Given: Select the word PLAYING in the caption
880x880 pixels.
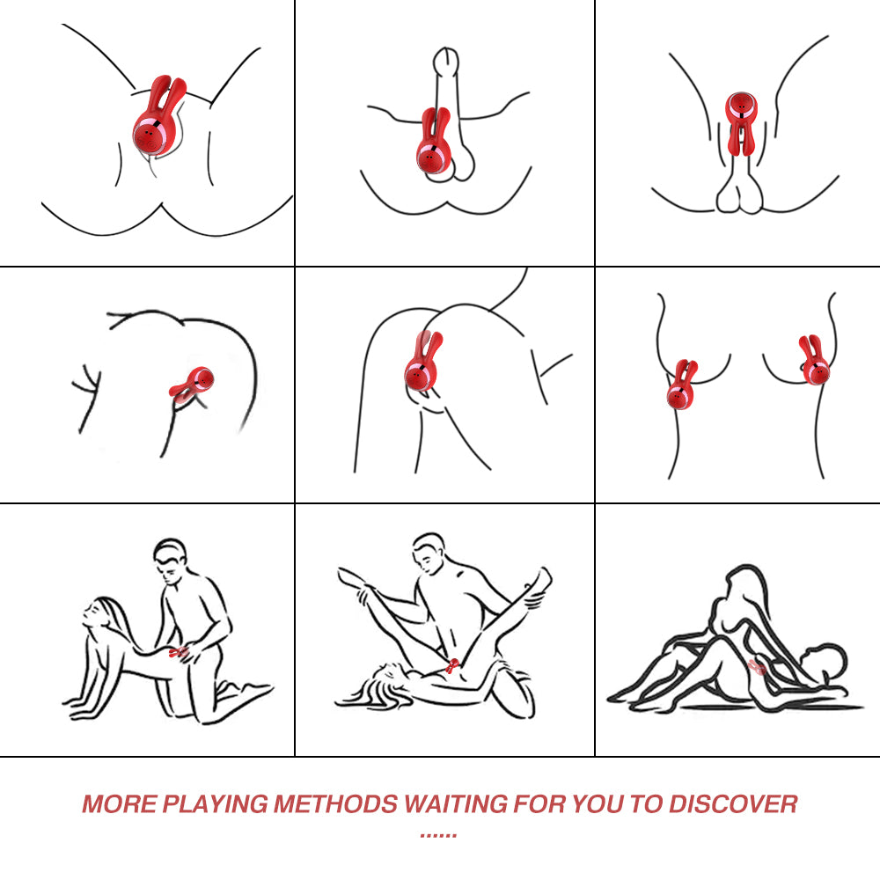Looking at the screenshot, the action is [x=216, y=803].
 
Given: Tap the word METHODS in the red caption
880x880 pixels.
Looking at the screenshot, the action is [x=335, y=803].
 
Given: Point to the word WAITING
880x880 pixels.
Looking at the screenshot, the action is [x=456, y=803].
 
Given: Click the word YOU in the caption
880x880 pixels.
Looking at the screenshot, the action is [x=598, y=803].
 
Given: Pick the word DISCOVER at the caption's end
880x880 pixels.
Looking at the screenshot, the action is [x=733, y=803].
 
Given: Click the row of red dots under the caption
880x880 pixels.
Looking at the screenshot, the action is [x=438, y=836].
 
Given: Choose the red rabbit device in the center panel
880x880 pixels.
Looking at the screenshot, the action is [x=422, y=362].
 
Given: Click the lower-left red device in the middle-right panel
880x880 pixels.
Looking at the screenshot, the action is [x=682, y=385].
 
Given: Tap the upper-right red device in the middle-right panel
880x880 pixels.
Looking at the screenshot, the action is [x=813, y=360].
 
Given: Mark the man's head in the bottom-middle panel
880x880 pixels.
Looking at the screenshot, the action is [x=429, y=553].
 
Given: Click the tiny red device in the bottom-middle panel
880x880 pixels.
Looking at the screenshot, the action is [x=452, y=665].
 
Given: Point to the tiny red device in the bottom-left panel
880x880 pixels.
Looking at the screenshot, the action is [x=179, y=651].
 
